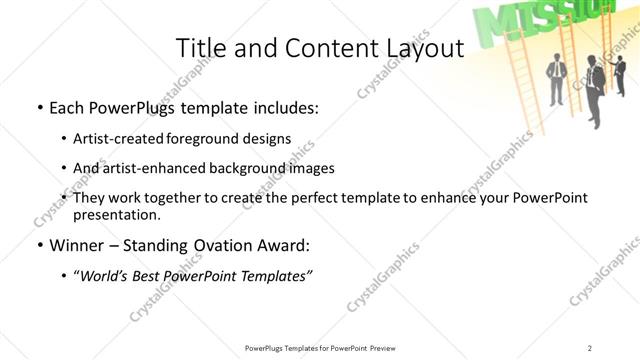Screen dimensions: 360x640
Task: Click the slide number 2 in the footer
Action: point(590,347)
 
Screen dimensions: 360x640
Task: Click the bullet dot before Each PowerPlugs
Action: point(38,107)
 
